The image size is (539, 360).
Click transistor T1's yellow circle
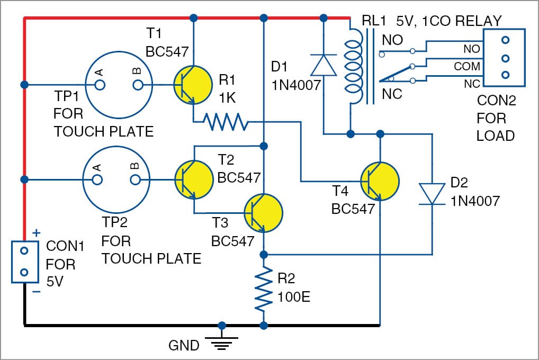(192, 85)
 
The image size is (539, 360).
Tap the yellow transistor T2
(192, 180)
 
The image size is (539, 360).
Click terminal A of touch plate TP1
(99, 85)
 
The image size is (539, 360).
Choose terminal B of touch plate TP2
(136, 180)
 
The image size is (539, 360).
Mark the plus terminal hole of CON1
(24, 250)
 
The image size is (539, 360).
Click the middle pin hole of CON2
(505, 58)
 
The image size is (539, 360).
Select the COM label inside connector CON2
(467, 67)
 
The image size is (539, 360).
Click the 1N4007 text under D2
(476, 201)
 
